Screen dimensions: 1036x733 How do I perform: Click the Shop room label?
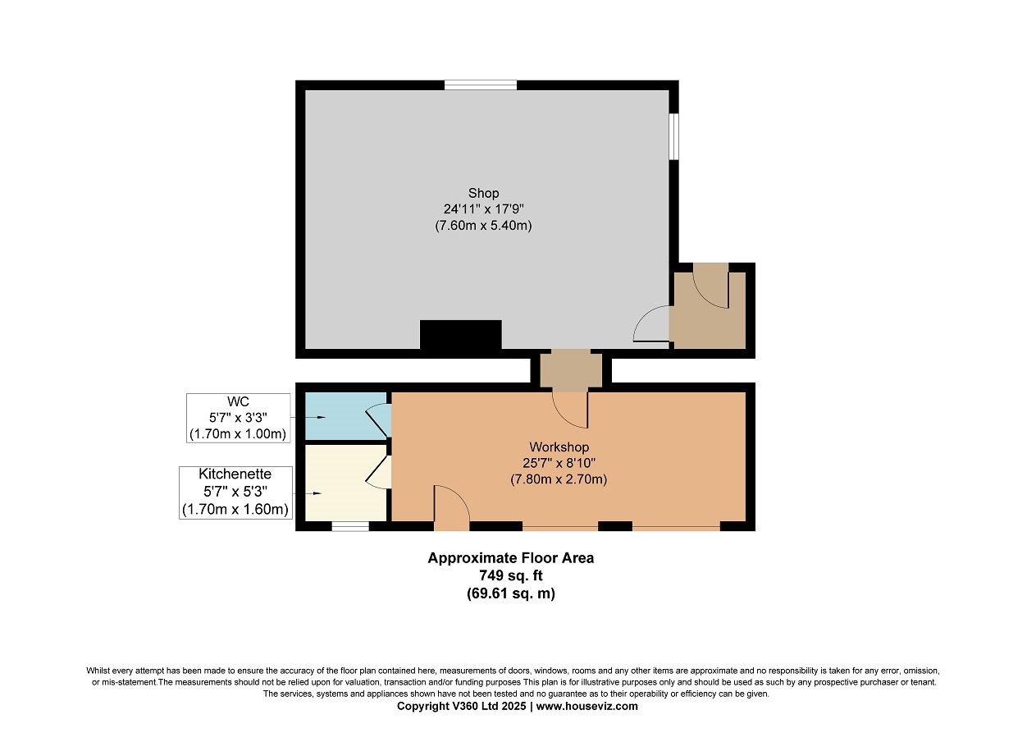pyautogui.click(x=483, y=193)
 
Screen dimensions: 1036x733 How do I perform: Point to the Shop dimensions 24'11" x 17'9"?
pyautogui.click(x=483, y=209)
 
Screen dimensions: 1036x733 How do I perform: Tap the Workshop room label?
pyautogui.click(x=559, y=447)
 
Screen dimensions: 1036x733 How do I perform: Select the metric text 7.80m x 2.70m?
pyautogui.click(x=559, y=479)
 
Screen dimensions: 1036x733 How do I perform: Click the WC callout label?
pyautogui.click(x=238, y=401)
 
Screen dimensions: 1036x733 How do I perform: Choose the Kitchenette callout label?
pyautogui.click(x=235, y=474)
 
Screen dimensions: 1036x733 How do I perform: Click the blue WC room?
pyautogui.click(x=346, y=416)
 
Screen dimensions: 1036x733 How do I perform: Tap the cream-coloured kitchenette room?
pyautogui.click(x=346, y=483)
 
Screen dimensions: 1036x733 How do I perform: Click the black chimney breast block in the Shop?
pyautogui.click(x=461, y=335)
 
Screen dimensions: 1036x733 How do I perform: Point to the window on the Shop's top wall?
pyautogui.click(x=481, y=85)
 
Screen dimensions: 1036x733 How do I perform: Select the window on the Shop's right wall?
pyautogui.click(x=674, y=136)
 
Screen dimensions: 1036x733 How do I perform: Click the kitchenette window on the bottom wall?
pyautogui.click(x=350, y=526)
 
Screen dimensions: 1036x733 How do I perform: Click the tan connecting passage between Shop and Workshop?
pyautogui.click(x=571, y=370)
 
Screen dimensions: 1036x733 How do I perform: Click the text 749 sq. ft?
pyautogui.click(x=510, y=575)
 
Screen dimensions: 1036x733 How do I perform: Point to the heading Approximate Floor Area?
pyautogui.click(x=510, y=558)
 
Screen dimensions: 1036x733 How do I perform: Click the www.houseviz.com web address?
pyautogui.click(x=587, y=706)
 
